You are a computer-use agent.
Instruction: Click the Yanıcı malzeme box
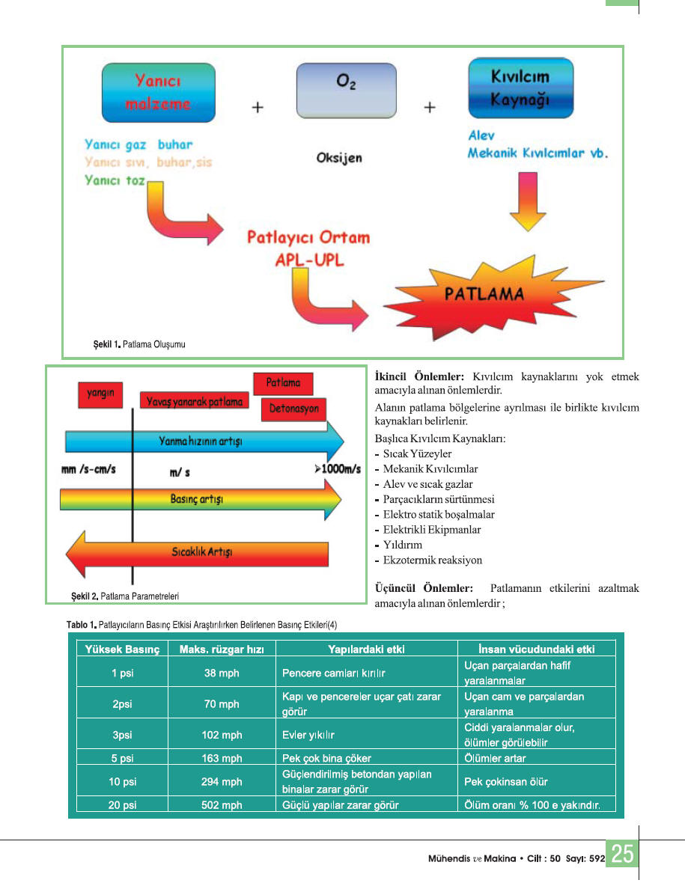click(x=158, y=92)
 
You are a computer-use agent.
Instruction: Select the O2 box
click(x=347, y=90)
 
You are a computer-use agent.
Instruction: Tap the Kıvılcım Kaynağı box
click(x=520, y=88)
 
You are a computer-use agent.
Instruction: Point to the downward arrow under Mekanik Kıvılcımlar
click(x=528, y=201)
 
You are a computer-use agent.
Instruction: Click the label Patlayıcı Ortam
click(x=308, y=237)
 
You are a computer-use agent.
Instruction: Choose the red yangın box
click(x=100, y=394)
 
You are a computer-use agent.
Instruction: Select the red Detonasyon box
click(x=293, y=409)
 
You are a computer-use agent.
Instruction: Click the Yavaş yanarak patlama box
click(x=195, y=402)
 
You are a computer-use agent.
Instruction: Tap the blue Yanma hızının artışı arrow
click(x=204, y=441)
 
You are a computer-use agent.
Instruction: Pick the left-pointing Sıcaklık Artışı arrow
click(x=197, y=554)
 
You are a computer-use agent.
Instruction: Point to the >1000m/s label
click(x=338, y=469)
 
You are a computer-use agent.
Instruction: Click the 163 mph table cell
click(x=222, y=758)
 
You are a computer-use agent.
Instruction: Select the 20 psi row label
click(x=122, y=804)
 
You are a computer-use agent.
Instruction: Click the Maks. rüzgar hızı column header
click(x=222, y=649)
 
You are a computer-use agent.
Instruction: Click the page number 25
click(x=622, y=854)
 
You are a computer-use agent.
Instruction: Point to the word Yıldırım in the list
click(x=402, y=545)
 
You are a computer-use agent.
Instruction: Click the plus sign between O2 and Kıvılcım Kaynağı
click(x=430, y=107)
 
